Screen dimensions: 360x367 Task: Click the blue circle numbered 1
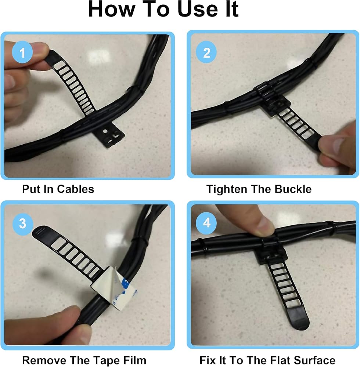coord(22,52)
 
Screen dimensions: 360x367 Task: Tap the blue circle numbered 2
coord(206,52)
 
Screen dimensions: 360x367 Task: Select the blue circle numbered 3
coord(22,223)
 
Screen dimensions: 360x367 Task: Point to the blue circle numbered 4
coord(206,223)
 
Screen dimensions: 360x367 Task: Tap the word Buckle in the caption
coord(293,189)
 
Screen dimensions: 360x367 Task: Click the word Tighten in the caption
coord(227,189)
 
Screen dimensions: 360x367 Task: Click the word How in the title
coord(112,9)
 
